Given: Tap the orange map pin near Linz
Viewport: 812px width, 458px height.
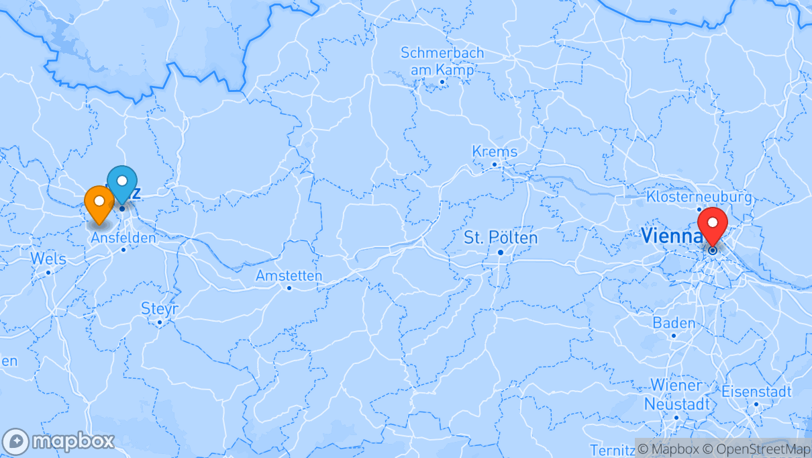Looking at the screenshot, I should (99, 203).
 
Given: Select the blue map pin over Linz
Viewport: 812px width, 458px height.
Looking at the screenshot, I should (122, 183).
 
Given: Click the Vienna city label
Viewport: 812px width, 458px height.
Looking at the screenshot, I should (671, 236).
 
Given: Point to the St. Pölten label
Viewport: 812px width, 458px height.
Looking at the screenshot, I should (501, 238).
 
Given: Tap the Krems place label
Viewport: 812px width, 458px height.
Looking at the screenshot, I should (495, 151).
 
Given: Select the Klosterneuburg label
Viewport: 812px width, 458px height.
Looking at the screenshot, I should (699, 197).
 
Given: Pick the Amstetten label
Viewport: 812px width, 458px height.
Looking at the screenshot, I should (289, 276).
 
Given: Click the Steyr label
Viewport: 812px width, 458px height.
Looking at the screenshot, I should (160, 309).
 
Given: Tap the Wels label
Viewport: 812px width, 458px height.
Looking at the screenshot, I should (48, 259).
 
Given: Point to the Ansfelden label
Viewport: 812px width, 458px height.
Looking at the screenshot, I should (123, 238).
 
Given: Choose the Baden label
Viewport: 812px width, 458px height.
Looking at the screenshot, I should (674, 323).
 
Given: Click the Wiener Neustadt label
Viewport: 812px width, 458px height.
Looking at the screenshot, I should (676, 395).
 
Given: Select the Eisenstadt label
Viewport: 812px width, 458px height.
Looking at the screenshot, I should (756, 391).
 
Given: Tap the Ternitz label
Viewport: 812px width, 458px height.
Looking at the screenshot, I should (611, 449).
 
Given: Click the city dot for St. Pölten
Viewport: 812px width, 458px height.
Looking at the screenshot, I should (501, 253).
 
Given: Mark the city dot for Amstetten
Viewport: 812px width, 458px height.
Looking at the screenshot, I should (289, 288).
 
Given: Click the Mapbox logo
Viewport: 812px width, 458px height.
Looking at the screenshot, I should (58, 442).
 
